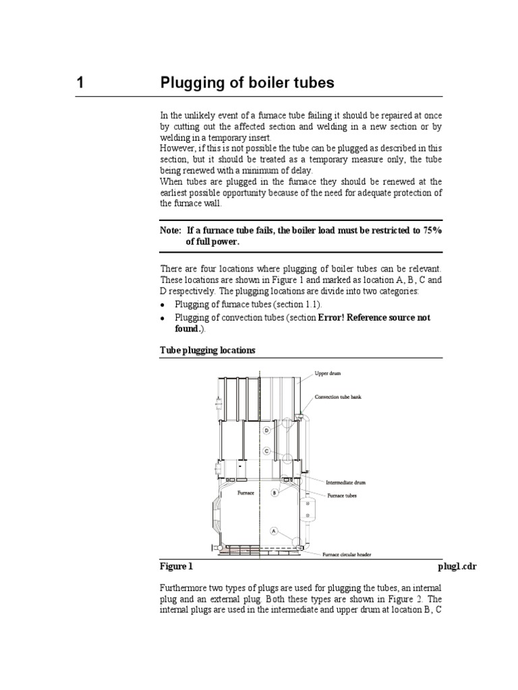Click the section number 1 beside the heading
pos(80,84)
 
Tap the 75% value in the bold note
pos(432,230)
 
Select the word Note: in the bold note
pos(171,230)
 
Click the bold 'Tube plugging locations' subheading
pos(208,350)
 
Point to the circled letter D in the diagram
pos(266,430)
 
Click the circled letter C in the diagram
pos(267,450)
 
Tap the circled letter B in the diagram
pos(274,493)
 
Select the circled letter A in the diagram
pos(274,531)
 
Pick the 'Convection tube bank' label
pos(338,397)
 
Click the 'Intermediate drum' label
pos(345,482)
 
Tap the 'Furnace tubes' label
pos(342,495)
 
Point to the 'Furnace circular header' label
pos(347,555)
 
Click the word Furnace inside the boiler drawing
pos(246,493)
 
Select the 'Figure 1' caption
pos(176,567)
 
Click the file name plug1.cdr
pos(457,567)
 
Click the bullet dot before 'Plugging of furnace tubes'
pos(164,305)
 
